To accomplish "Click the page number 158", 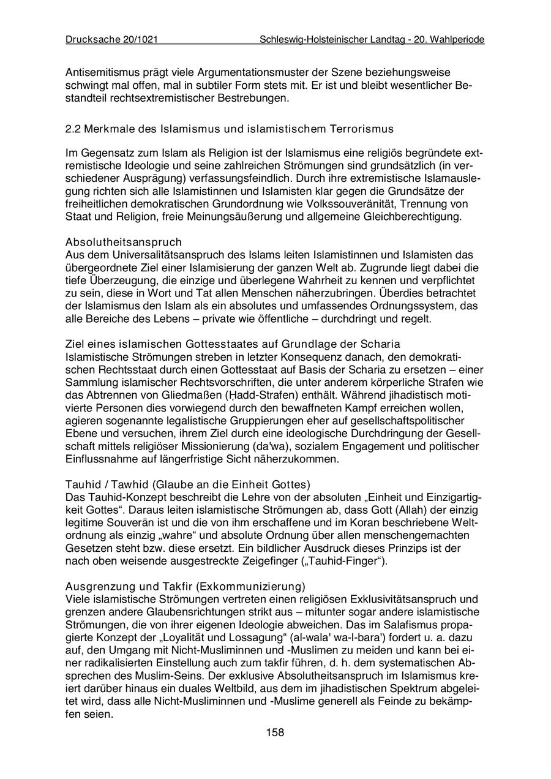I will click(x=275, y=732).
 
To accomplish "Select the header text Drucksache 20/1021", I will click(x=112, y=40).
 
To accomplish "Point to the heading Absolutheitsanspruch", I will click(x=123, y=242).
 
